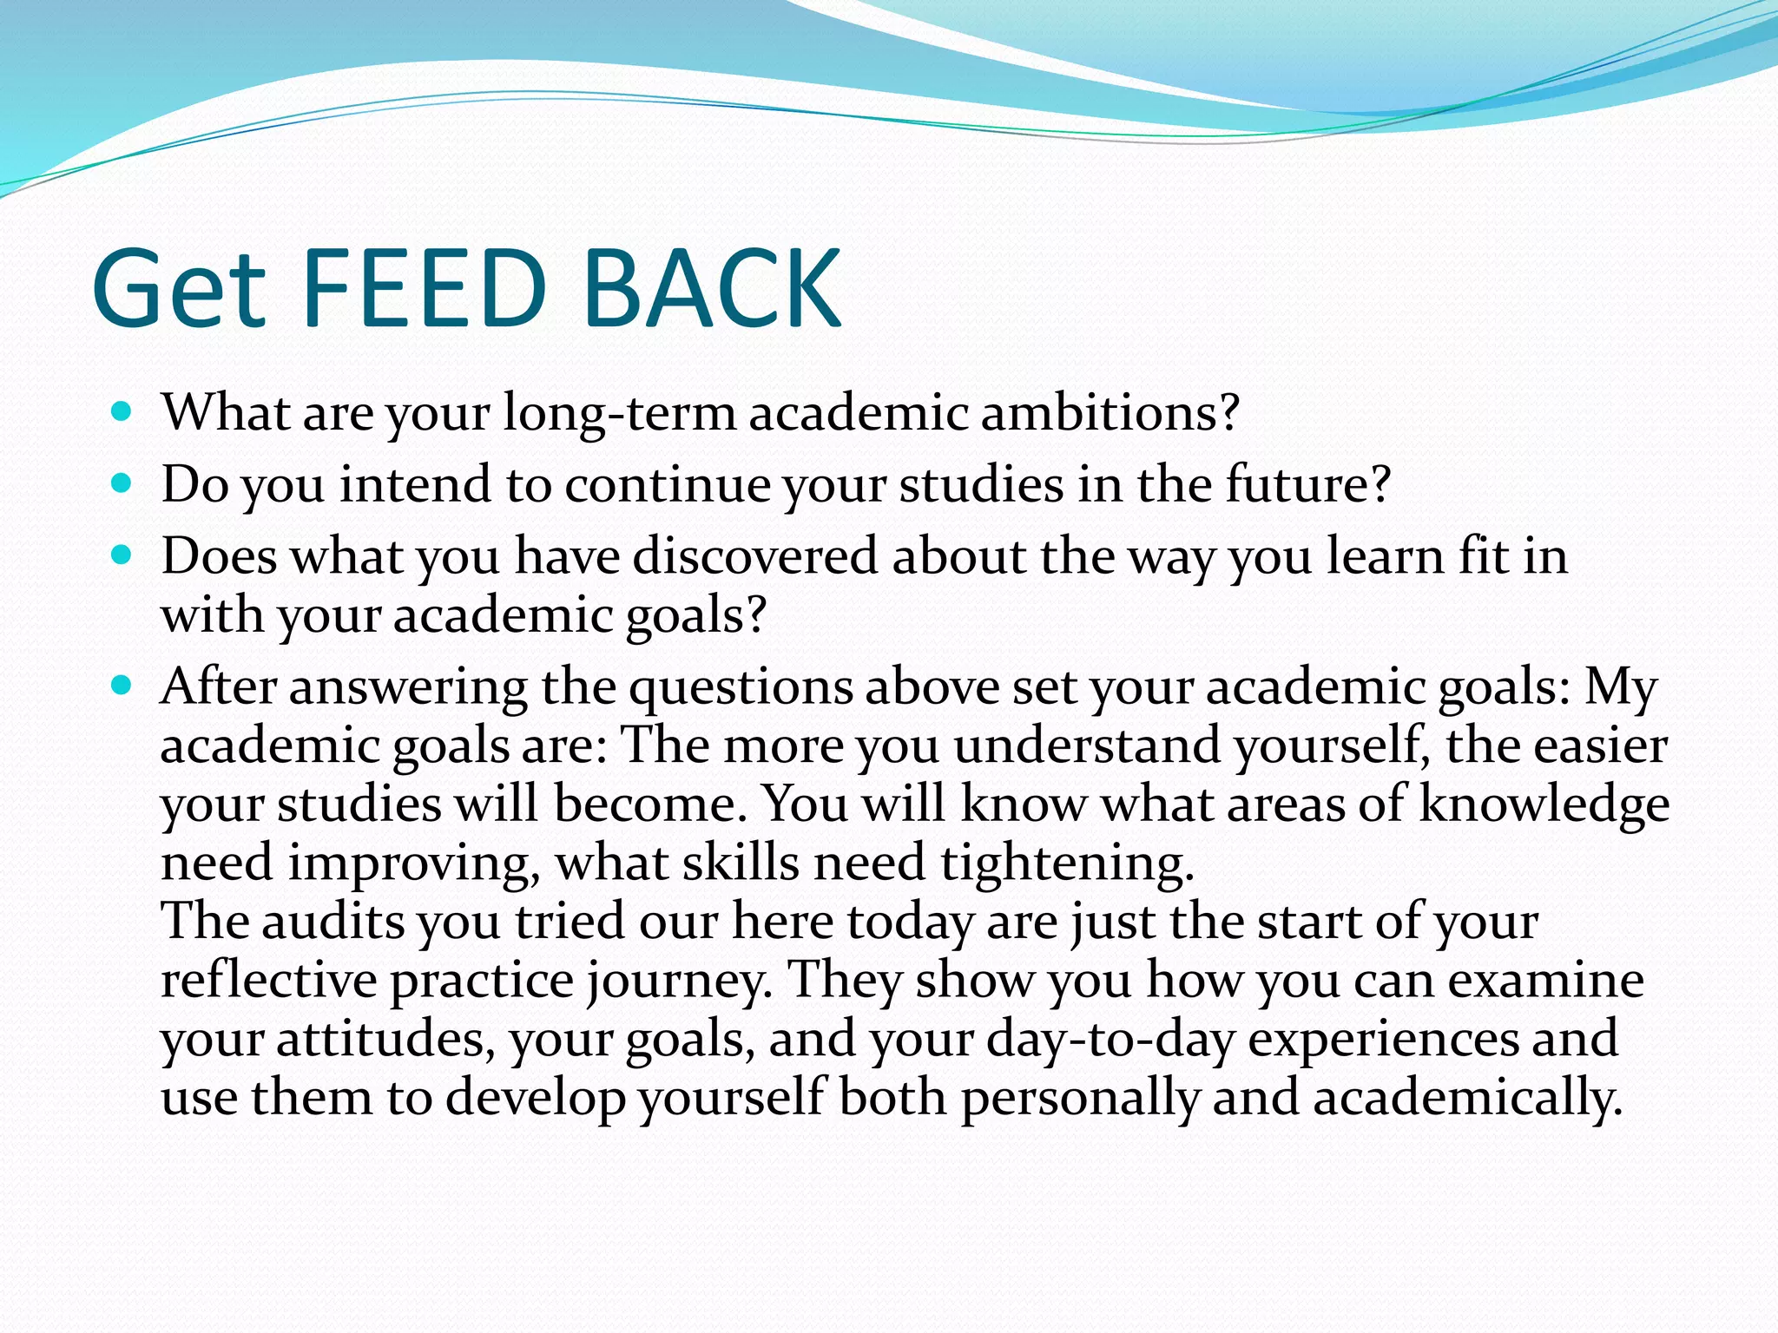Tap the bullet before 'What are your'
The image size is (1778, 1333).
[x=122, y=410]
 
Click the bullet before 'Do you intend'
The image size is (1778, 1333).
[x=122, y=483]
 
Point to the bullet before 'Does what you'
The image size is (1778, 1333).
[x=122, y=555]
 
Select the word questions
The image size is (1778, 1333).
[x=741, y=688]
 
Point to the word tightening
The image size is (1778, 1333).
[x=1067, y=864]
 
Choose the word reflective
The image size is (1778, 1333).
[x=268, y=981]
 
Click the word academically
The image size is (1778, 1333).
[x=1466, y=1099]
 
